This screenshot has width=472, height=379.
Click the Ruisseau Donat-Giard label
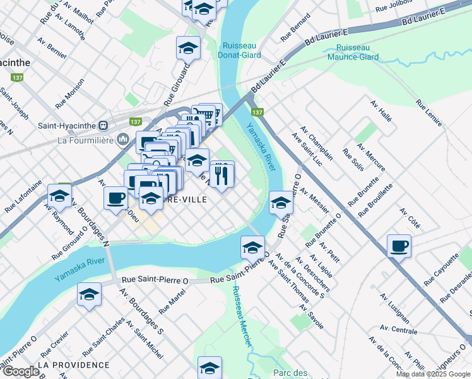239,51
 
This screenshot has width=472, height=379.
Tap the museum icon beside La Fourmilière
124,139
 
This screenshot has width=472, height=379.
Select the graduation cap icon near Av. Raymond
60,196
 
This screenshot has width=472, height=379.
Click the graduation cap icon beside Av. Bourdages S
90,294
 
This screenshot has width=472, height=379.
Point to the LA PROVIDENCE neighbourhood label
73,365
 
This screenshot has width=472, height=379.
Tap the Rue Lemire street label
429,112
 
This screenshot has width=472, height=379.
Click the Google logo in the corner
20,371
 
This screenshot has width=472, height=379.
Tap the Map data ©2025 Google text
432,374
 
